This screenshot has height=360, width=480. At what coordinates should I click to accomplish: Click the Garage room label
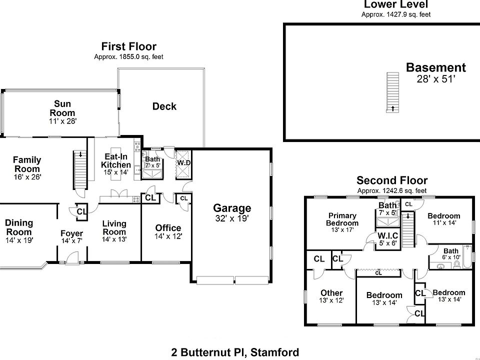[x=232, y=208]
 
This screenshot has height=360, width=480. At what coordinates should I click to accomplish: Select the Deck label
[x=164, y=106]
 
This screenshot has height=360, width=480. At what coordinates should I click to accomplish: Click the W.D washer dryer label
[x=182, y=163]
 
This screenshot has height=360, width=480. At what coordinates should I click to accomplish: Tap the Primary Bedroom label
[x=342, y=219]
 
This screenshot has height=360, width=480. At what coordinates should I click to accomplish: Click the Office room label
[x=168, y=228]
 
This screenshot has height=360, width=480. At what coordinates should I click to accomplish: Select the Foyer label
[x=71, y=233]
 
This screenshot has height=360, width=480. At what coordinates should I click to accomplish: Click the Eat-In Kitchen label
[x=116, y=160]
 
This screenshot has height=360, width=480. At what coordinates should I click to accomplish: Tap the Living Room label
[x=114, y=227]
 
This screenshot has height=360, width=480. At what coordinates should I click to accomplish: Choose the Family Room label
[x=27, y=164]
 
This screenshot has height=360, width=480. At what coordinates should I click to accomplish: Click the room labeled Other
[x=332, y=293]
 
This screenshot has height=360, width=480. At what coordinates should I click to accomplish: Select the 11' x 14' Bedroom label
[x=444, y=216]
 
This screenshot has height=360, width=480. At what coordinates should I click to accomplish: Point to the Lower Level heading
[x=395, y=4]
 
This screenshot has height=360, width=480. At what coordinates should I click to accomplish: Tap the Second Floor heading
[x=391, y=180]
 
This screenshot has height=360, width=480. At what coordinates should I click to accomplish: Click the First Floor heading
[x=128, y=47]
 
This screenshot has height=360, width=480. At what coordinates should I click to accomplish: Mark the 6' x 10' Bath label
[x=450, y=251]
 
